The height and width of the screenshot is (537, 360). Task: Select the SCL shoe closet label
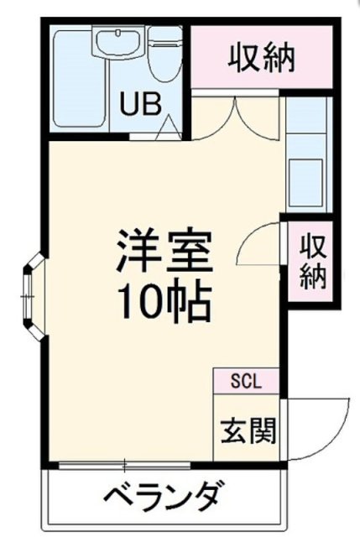click(248, 380)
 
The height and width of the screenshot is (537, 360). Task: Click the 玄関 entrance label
click(248, 430)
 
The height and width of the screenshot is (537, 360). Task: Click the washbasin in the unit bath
click(118, 43)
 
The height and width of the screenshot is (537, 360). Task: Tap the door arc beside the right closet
click(259, 244)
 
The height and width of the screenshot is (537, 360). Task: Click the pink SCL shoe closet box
click(248, 380)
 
